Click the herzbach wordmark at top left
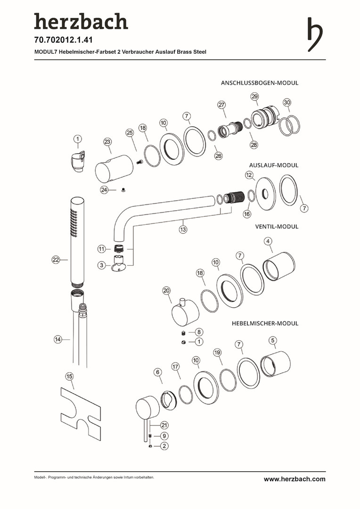click(x=81, y=22)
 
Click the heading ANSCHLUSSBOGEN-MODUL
click(x=259, y=82)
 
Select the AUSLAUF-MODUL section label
click(x=273, y=165)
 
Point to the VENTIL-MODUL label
click(x=277, y=226)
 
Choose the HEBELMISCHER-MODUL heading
click(x=265, y=324)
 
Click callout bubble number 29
click(x=254, y=96)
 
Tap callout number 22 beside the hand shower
click(x=56, y=260)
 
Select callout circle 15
click(x=70, y=376)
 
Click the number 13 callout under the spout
click(x=183, y=230)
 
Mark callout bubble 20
click(x=166, y=291)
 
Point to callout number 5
click(x=272, y=340)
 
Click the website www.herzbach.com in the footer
click(x=294, y=479)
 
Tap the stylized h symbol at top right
click(x=315, y=34)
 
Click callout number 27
click(x=221, y=105)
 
